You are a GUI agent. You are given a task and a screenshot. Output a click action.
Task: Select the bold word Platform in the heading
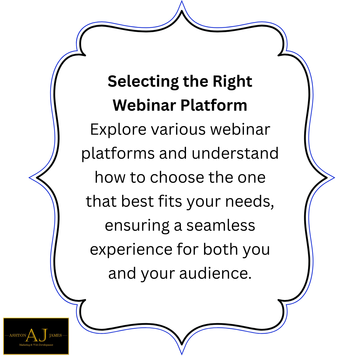pos(214,105)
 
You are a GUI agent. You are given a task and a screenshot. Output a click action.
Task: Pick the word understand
pos(235,153)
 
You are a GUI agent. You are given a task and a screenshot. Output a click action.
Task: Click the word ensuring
pos(137,226)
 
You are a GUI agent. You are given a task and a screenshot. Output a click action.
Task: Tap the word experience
pos(131,250)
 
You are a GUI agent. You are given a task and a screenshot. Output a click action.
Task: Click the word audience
pos(215,273)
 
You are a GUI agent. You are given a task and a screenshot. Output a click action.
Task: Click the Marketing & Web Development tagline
pos(36,345)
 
